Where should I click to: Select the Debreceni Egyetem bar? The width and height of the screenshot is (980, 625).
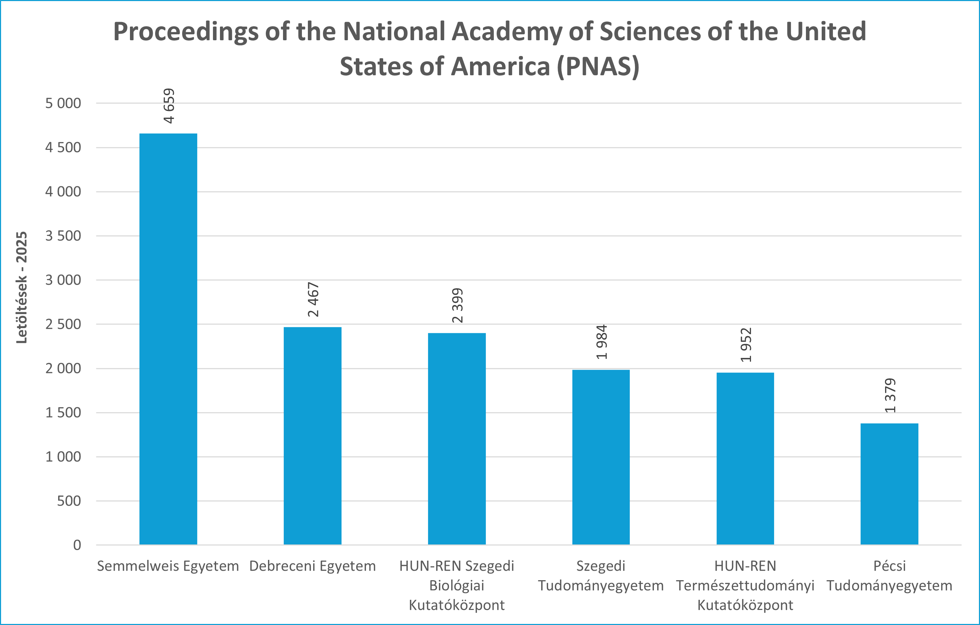(312, 436)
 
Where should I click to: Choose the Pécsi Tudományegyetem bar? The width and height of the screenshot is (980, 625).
(889, 484)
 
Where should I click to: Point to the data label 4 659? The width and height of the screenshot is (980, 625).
(169, 106)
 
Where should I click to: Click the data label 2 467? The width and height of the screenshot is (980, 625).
(313, 299)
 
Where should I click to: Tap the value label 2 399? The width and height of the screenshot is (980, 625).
(457, 306)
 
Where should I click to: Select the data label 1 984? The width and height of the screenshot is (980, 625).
(601, 342)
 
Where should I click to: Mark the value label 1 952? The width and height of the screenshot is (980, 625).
(746, 345)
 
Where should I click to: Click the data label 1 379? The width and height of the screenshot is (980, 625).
(890, 396)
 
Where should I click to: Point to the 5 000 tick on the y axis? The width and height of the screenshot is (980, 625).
(63, 103)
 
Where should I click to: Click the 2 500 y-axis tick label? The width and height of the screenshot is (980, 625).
(63, 324)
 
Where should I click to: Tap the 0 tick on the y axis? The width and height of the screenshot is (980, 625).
(77, 545)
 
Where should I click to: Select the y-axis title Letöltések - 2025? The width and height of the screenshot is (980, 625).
(22, 288)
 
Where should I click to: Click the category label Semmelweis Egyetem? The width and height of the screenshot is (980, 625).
(168, 566)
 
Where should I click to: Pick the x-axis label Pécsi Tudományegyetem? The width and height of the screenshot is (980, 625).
(889, 576)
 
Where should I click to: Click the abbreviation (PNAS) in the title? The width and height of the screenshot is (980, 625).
(598, 66)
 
